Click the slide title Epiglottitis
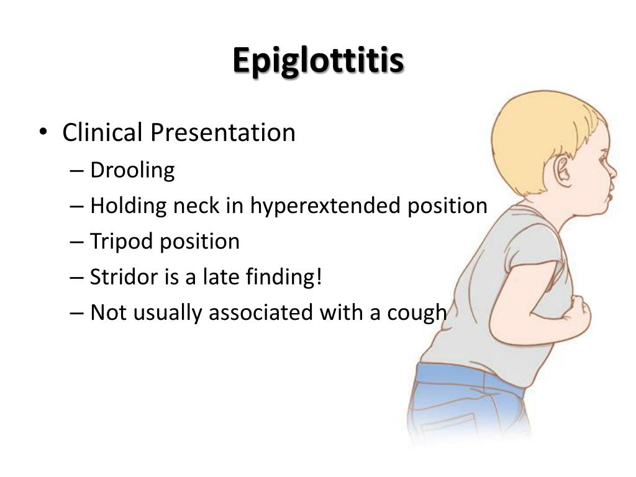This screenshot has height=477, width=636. pyautogui.click(x=318, y=61)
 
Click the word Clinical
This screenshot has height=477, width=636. pyautogui.click(x=102, y=132)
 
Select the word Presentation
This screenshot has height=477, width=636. pyautogui.click(x=223, y=133)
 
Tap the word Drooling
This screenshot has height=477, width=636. pyautogui.click(x=132, y=171)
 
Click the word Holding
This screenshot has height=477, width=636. pyautogui.click(x=128, y=206)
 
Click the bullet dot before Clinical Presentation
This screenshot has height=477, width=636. pyautogui.click(x=43, y=132)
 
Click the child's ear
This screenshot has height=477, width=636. pyautogui.click(x=563, y=171)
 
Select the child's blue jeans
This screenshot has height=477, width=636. pyautogui.click(x=466, y=402)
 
